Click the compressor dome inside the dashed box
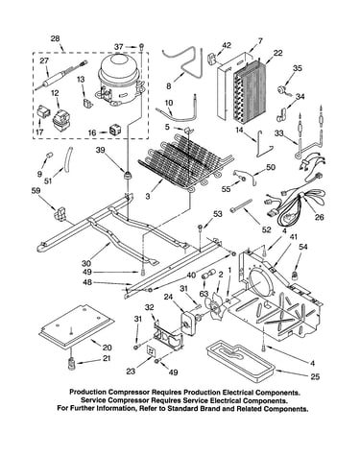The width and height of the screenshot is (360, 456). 119,80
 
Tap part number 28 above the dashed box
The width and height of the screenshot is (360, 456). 56,39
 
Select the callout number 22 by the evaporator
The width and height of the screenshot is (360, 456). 277,53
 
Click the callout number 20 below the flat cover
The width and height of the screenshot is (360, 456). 107,348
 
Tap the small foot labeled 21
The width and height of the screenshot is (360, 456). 71,364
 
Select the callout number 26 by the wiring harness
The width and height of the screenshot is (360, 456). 319,217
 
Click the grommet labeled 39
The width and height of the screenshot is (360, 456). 128,176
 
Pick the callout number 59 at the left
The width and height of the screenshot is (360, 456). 36,191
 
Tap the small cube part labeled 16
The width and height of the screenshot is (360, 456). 114,130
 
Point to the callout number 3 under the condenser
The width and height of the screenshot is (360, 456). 148,196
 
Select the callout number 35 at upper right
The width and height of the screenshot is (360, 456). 298,68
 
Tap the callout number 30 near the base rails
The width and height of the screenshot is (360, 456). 86,263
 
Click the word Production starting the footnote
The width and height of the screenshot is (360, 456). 88,392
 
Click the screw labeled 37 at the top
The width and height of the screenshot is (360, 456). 141,47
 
